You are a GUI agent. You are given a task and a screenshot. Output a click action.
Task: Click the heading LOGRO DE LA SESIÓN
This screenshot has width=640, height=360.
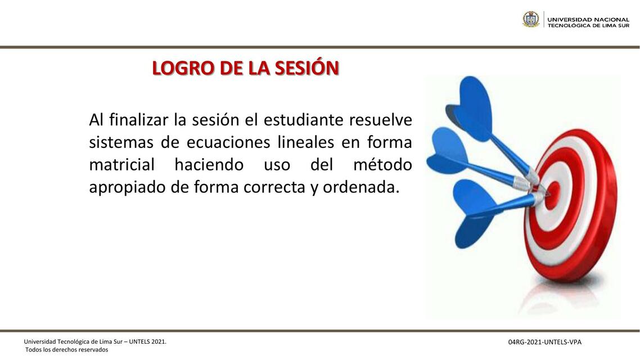(x=245, y=68)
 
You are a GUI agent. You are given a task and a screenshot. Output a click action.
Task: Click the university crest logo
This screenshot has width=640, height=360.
(x=530, y=20)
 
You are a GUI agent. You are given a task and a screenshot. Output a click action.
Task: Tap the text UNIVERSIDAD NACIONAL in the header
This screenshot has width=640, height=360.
(x=588, y=19)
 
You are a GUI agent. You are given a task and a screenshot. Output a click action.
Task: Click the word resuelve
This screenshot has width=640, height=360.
(x=381, y=120)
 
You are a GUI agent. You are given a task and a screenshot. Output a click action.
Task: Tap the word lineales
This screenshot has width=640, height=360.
(x=305, y=142)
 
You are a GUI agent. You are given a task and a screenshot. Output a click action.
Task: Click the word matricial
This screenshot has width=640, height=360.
(x=121, y=165)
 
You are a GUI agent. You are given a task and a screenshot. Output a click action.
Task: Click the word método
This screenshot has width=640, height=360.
(x=382, y=165)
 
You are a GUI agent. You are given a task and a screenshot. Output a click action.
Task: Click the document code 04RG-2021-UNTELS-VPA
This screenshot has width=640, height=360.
(x=544, y=342)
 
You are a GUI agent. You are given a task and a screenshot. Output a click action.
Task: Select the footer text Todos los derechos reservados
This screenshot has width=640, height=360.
(x=66, y=350)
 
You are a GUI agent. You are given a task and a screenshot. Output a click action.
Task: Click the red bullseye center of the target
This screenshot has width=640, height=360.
(x=552, y=193)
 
